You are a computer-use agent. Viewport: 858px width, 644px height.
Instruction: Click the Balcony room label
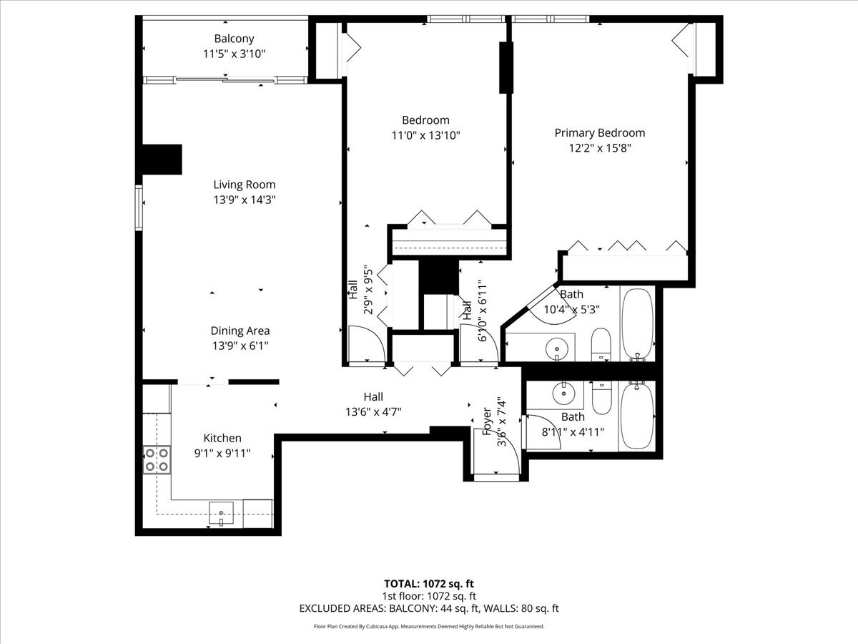click(x=234, y=39)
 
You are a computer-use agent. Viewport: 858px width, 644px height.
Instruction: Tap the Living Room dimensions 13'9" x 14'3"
click(x=245, y=200)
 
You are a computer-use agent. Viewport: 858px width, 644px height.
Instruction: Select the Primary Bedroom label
click(x=600, y=133)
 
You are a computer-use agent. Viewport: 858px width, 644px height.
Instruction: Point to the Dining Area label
click(x=240, y=331)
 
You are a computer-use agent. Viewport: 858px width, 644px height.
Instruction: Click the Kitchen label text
click(x=222, y=438)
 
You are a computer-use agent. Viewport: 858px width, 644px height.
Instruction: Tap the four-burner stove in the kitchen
click(x=157, y=460)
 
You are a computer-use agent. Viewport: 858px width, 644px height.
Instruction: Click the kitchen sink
click(x=221, y=512)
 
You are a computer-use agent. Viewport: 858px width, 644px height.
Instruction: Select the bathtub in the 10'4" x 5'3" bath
click(x=638, y=323)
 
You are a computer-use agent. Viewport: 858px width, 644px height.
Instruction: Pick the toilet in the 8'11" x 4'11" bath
click(x=601, y=397)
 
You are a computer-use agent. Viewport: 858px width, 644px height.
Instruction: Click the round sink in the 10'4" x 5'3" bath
click(x=556, y=348)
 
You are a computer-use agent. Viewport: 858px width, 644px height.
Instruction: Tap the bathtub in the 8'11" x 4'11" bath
click(x=637, y=416)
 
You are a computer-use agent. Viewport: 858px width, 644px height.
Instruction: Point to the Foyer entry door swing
click(x=497, y=452)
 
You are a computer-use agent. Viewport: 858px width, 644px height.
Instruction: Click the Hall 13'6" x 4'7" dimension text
click(x=373, y=412)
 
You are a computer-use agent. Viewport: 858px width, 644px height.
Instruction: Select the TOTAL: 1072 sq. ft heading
click(x=429, y=584)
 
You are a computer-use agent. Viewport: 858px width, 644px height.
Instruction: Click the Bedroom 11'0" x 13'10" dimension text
click(x=425, y=135)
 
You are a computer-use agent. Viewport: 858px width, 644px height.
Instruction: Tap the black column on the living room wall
click(x=162, y=160)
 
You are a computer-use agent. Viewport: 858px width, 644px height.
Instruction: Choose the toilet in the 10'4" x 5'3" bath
click(x=601, y=344)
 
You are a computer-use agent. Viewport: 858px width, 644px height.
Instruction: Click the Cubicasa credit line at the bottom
click(x=429, y=626)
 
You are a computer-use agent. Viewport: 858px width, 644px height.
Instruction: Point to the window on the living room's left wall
click(x=139, y=208)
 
